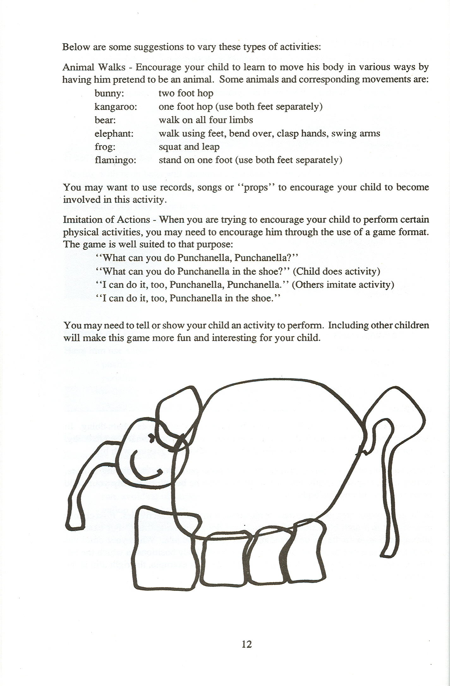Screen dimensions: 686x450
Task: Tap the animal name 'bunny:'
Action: (109, 94)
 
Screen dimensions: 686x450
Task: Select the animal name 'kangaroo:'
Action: (116, 107)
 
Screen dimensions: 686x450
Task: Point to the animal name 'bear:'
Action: (105, 120)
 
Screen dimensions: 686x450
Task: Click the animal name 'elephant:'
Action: (114, 134)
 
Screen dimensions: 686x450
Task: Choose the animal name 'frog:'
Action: (105, 147)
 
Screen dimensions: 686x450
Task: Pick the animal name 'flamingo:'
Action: (115, 160)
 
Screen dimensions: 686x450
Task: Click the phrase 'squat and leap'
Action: (189, 147)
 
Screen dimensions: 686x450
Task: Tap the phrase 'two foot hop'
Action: (186, 93)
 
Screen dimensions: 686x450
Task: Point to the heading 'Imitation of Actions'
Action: (106, 219)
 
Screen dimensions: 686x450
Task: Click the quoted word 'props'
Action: (255, 187)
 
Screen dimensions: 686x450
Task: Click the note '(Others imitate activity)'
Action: (343, 285)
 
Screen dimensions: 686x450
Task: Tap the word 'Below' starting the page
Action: (76, 47)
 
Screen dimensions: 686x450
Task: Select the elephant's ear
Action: (179, 411)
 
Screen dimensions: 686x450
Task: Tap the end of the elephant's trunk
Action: (75, 520)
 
